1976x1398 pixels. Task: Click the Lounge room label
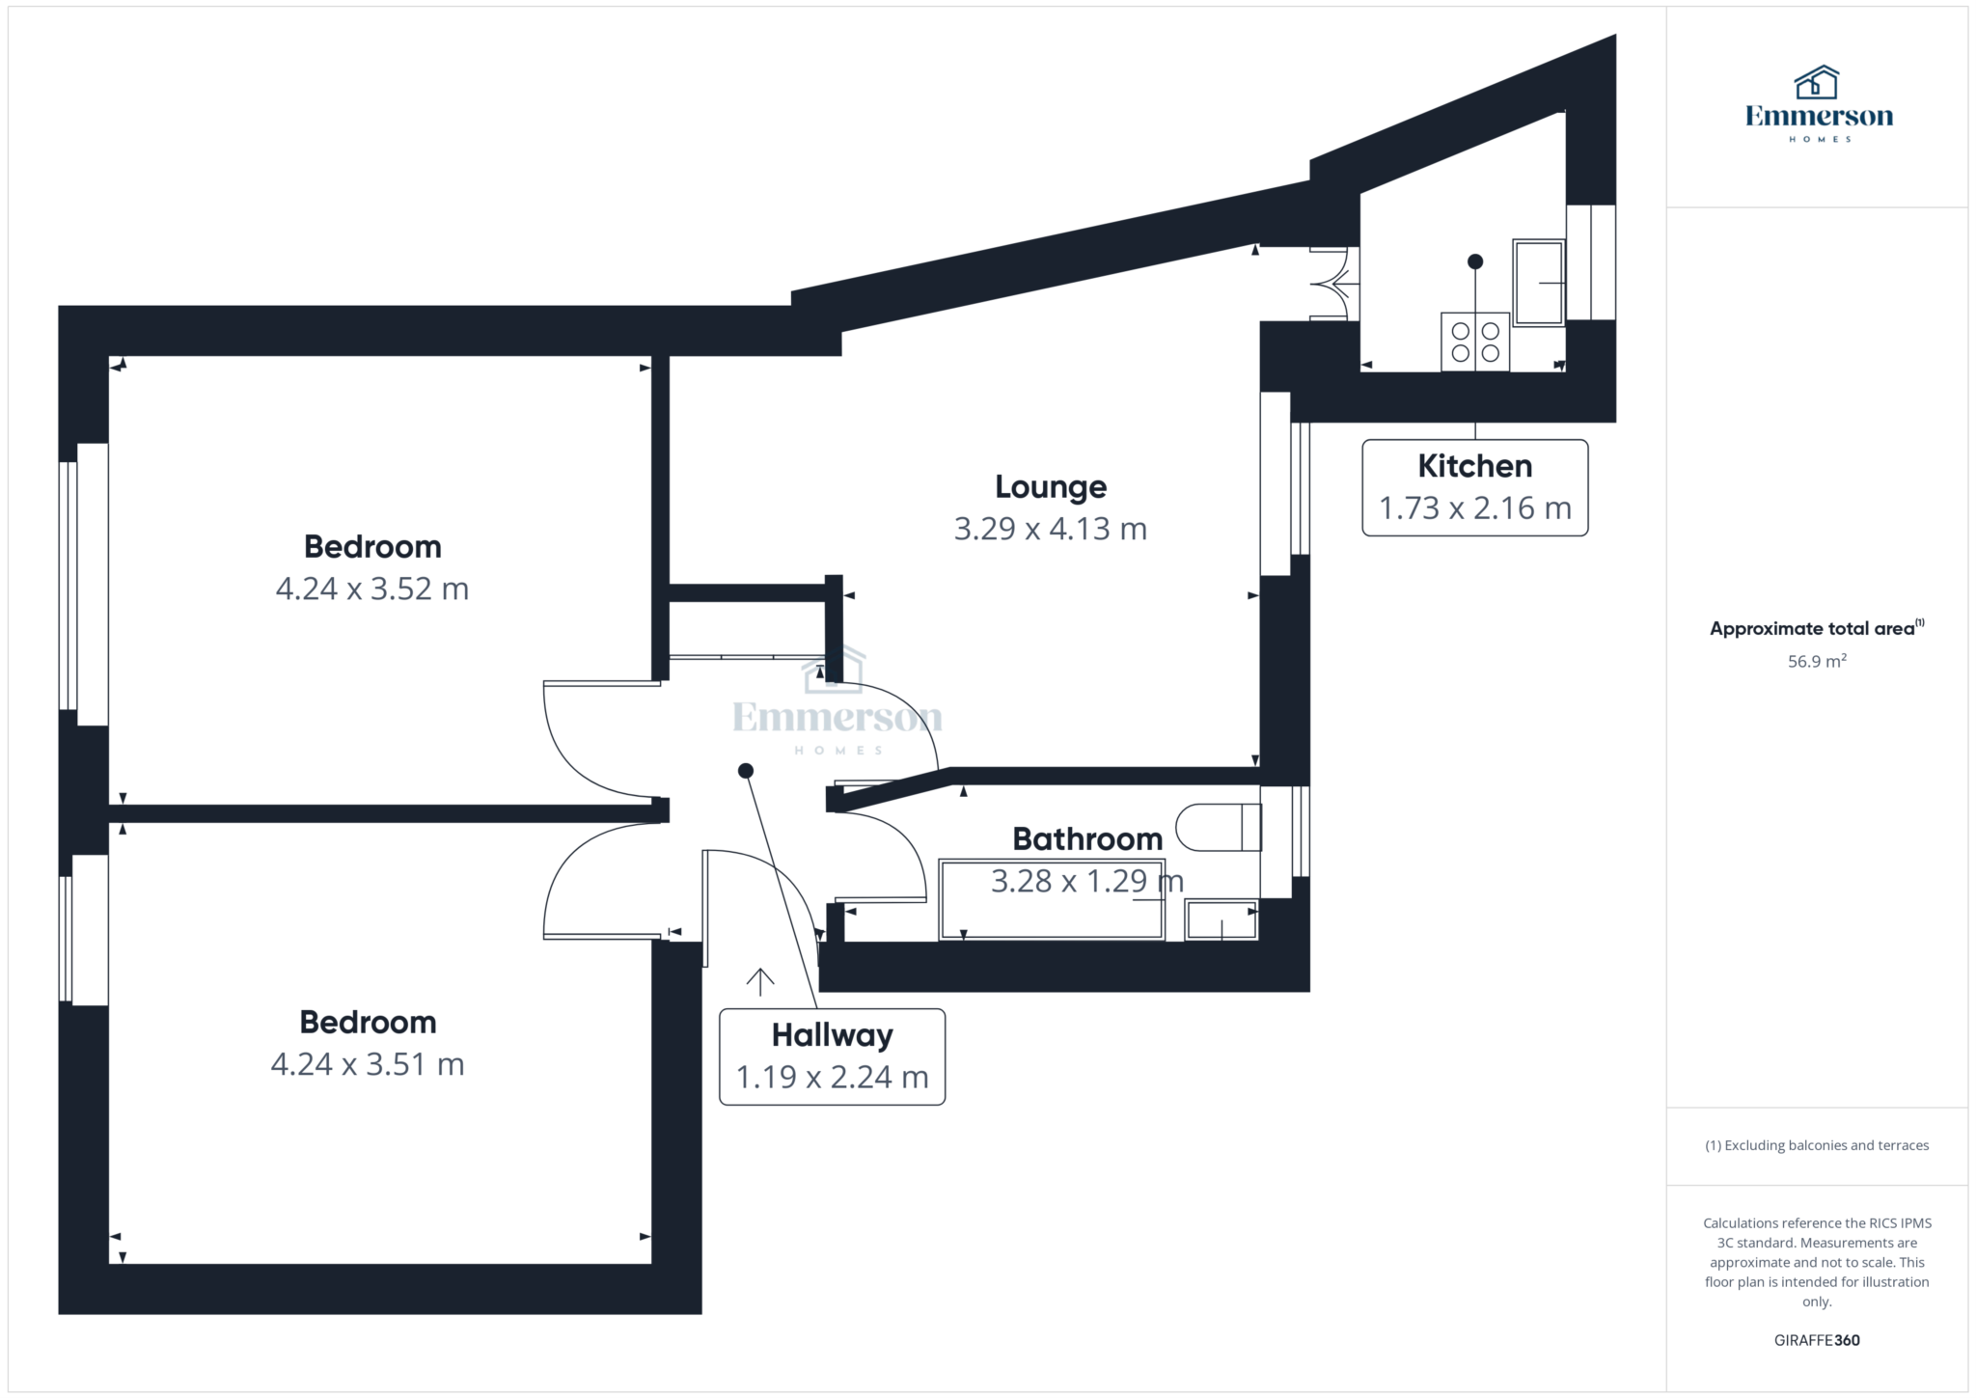1050,487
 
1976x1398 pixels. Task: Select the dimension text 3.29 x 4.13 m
1050,529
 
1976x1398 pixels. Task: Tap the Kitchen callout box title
1474,466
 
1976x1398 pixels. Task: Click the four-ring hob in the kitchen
1474,342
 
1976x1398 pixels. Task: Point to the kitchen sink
1538,283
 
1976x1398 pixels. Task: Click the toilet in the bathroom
1220,827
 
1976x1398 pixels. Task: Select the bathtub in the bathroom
1052,899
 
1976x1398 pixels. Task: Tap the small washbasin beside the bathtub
1221,919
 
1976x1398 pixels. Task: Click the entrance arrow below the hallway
760,981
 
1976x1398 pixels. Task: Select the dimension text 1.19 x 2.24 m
832,1077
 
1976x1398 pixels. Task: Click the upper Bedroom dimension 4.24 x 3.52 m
371,589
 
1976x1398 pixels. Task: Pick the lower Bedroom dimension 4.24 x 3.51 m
368,1064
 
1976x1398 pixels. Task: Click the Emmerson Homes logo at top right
1818,104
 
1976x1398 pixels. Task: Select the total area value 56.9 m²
1816,662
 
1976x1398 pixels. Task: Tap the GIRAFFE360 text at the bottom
1816,1340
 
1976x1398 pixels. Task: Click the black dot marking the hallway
745,771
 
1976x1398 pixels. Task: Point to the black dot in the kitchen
1474,261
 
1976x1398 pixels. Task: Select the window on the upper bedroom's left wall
84,585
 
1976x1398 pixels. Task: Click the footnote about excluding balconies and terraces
1816,1145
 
